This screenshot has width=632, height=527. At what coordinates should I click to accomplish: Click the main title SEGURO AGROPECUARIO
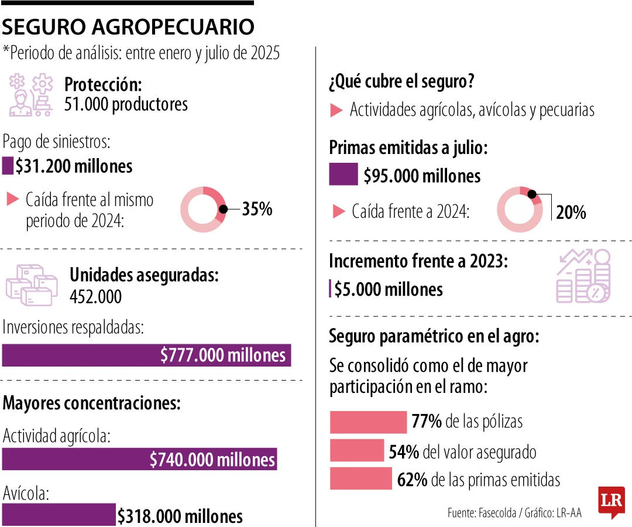128,26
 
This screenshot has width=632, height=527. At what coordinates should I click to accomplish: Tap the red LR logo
611,502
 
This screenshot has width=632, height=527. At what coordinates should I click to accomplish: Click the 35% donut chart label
257,209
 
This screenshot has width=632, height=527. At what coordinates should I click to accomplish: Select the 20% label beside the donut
571,213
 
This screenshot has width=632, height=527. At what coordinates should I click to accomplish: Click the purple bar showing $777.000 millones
146,355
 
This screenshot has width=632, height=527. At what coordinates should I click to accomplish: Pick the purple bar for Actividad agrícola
139,460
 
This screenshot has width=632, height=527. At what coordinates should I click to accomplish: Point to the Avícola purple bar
59,515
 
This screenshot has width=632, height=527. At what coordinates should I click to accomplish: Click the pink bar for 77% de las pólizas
368,422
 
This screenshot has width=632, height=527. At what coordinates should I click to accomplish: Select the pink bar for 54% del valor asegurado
356,451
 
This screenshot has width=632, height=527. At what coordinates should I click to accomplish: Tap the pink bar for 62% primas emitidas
360,479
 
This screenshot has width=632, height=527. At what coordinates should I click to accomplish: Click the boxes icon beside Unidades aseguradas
32,285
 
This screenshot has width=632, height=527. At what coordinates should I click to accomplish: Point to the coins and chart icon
583,276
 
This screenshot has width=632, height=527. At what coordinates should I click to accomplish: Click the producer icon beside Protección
30,94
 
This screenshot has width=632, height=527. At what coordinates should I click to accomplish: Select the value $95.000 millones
422,176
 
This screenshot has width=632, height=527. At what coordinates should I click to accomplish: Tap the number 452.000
95,296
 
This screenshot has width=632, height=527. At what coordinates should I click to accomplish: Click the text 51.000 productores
126,104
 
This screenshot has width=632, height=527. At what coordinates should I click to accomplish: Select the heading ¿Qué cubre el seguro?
401,81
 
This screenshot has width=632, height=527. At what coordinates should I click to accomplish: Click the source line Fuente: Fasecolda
482,513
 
